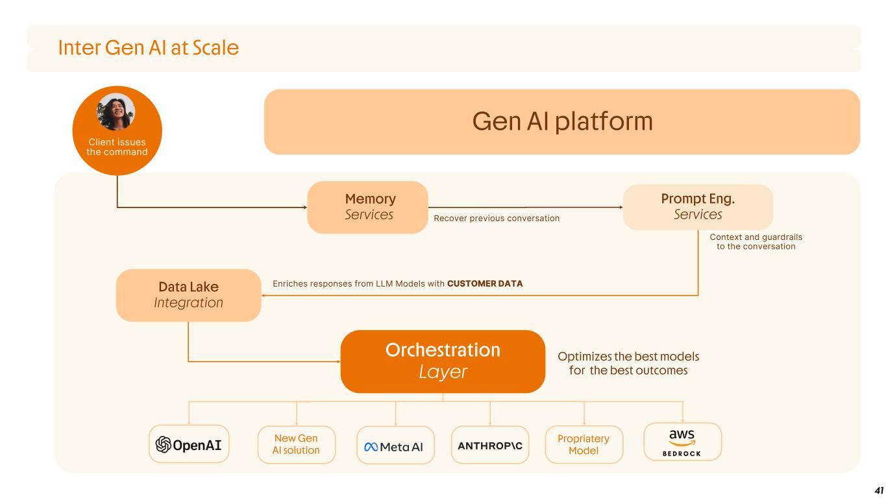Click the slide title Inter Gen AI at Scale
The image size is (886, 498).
(148, 47)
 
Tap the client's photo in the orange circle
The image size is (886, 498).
(116, 112)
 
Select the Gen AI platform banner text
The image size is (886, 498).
(561, 121)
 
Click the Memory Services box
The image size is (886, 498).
(367, 207)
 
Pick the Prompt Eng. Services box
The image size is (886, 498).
(698, 207)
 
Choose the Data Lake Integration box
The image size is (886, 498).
(188, 295)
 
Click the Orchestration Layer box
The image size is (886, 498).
(443, 361)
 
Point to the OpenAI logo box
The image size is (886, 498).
(189, 444)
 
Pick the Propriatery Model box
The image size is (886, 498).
(584, 444)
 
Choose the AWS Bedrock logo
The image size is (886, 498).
(682, 442)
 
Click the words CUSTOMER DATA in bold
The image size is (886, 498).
(485, 283)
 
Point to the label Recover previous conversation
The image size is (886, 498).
(497, 219)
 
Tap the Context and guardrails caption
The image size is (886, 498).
(756, 242)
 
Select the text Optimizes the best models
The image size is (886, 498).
(628, 357)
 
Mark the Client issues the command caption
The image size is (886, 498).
(117, 147)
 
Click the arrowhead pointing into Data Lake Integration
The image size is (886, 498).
(264, 296)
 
